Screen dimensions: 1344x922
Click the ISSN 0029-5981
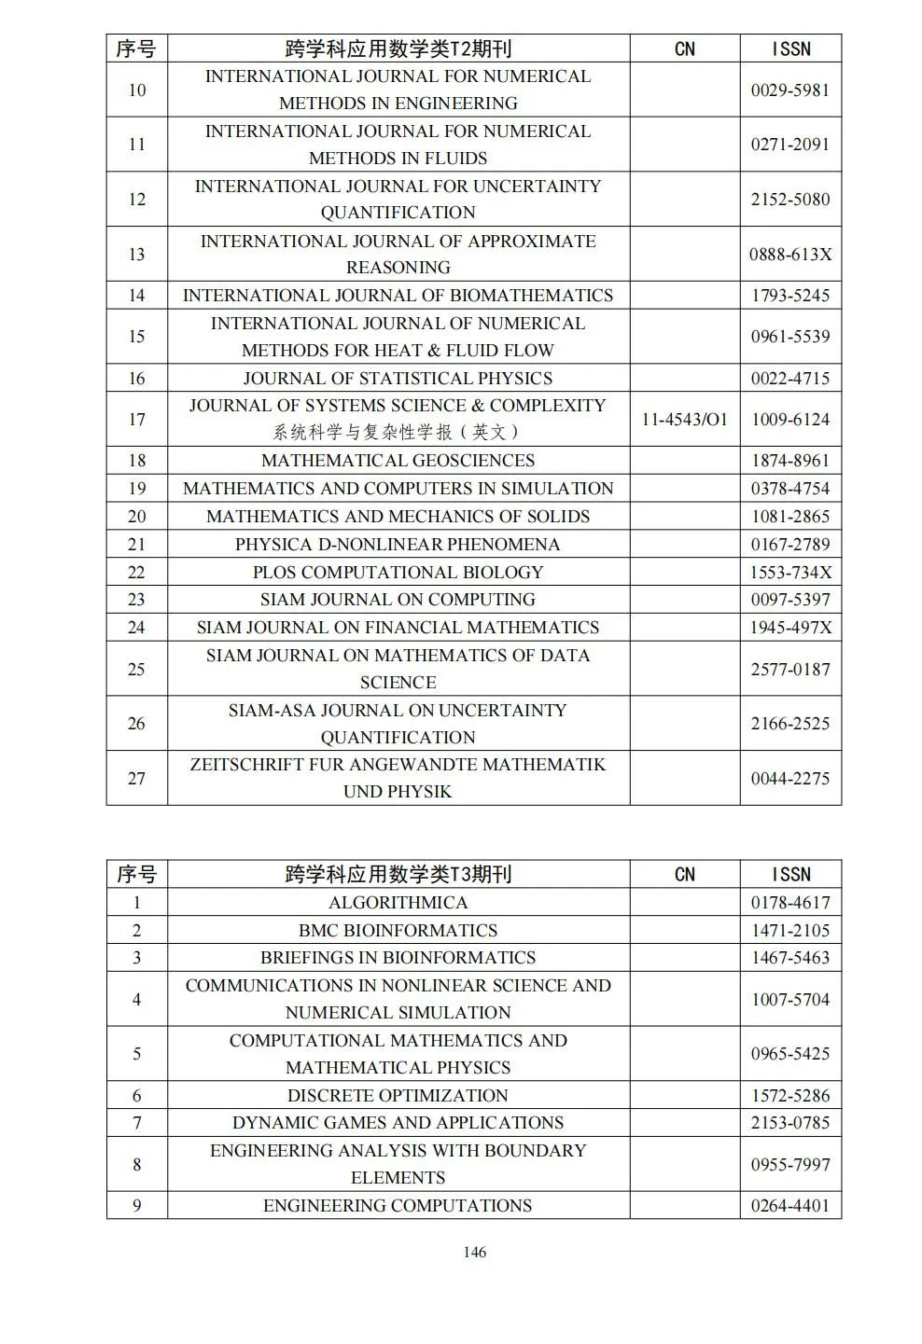(789, 90)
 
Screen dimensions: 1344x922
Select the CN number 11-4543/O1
(684, 419)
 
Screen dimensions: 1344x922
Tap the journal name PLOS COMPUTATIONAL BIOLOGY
(398, 572)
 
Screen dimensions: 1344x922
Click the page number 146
(474, 1252)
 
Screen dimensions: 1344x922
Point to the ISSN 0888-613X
(789, 254)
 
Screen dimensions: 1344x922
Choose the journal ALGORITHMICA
(398, 902)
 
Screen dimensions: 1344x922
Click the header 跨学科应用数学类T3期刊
(398, 874)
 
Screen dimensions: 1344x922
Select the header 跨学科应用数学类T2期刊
(398, 48)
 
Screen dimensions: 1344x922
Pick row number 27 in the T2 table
(136, 778)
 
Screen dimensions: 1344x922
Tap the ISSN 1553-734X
(789, 572)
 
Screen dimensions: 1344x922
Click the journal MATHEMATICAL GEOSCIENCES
(398, 460)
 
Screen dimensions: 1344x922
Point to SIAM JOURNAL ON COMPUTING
(398, 599)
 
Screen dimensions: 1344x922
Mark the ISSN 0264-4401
(789, 1205)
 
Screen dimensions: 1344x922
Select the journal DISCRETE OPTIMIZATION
(398, 1095)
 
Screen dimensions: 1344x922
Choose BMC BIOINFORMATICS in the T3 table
(398, 930)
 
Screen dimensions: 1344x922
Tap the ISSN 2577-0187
(789, 669)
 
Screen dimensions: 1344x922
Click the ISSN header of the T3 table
(789, 874)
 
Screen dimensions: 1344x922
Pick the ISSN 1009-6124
(789, 419)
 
